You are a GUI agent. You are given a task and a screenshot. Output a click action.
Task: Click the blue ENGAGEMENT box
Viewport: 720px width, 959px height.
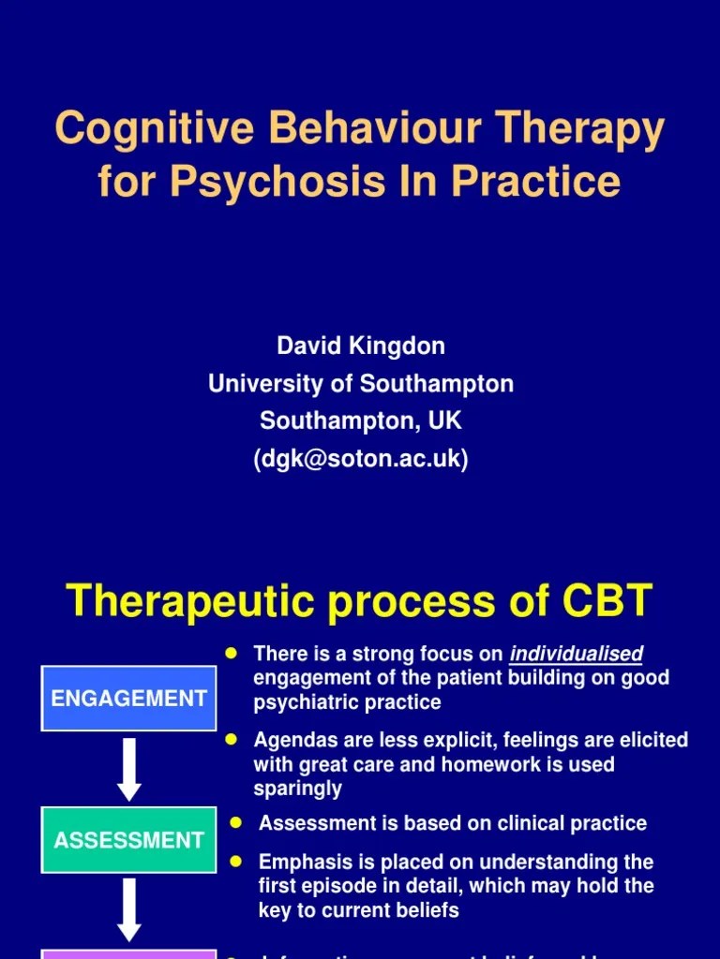coord(129,698)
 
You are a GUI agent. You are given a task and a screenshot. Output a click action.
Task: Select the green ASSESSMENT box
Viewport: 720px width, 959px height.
coord(129,839)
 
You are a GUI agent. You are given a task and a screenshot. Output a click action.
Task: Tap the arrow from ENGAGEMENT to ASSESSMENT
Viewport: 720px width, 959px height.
coord(129,769)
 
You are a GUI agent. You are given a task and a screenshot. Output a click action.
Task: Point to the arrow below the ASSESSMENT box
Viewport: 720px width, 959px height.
coord(129,909)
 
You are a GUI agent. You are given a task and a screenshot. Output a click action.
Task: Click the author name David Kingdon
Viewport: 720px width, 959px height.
coord(360,346)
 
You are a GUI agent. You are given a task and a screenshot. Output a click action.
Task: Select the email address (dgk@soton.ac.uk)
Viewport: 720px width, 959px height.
coord(360,459)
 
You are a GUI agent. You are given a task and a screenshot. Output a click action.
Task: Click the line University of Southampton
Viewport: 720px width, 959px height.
coord(360,383)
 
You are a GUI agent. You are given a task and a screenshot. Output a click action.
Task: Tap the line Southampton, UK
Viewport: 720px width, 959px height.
coord(360,420)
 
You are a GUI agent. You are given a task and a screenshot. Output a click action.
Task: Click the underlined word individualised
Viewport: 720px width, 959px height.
coord(576,654)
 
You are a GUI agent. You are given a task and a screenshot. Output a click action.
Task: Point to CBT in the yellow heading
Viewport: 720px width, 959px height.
coord(606,601)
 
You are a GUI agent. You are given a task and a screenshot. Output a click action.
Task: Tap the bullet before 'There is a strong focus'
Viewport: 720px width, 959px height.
coord(232,653)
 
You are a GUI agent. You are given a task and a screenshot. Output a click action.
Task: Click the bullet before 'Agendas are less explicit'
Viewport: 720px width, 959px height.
coord(232,739)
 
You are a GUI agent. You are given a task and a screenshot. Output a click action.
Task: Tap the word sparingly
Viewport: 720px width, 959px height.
coord(297,789)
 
